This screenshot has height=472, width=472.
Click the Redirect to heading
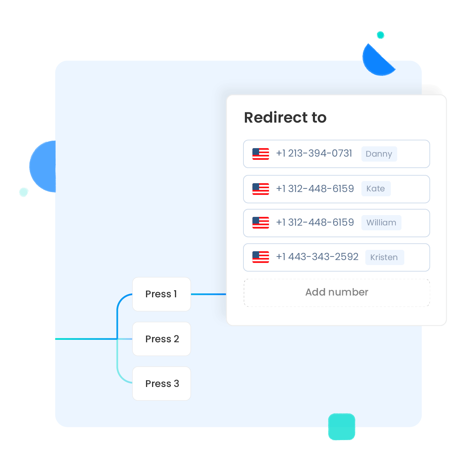coord(285,117)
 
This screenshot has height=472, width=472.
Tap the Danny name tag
coord(379,154)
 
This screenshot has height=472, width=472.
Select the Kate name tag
coord(376,189)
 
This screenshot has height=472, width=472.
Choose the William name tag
coord(381,223)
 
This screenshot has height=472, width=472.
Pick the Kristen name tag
coord(384,257)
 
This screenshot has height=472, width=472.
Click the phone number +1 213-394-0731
coord(314,153)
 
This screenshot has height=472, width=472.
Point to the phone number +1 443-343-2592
coord(317,257)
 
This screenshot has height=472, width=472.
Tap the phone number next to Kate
coord(315,189)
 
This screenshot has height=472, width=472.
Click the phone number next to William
coord(315,223)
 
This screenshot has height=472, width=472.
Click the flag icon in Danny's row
coord(260,154)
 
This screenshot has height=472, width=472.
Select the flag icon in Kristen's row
coord(260,257)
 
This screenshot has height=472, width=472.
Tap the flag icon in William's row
coord(260,223)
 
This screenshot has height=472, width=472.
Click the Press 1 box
coord(162,294)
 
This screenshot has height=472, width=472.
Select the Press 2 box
coord(162,339)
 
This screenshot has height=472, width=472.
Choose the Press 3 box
coord(162,383)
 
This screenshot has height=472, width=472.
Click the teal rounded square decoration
coord(342,427)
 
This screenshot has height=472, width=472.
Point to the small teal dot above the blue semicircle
coord(380,35)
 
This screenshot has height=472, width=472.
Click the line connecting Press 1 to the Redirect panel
coord(208,294)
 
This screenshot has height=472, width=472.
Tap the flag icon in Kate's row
coord(260,189)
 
